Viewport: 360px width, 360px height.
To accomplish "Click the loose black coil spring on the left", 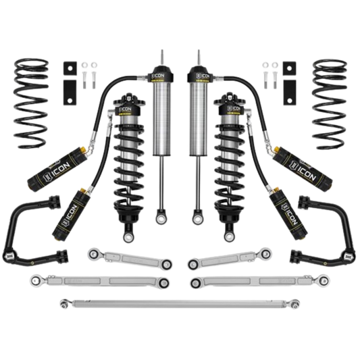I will coord(32,101).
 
